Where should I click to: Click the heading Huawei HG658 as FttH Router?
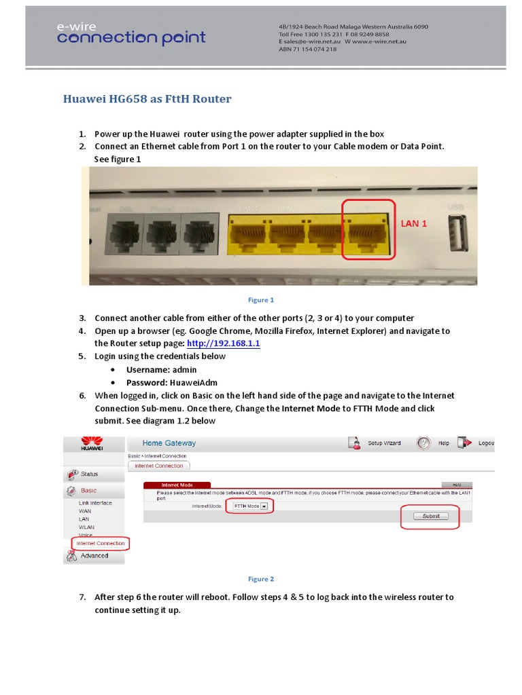click(147, 99)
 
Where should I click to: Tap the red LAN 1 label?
click(414, 223)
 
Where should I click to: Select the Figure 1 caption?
click(261, 299)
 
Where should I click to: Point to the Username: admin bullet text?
click(162, 369)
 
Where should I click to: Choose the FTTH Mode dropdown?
click(249, 506)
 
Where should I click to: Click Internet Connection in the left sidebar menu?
click(101, 543)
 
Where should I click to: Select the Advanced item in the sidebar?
click(94, 555)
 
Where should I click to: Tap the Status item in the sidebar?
click(89, 474)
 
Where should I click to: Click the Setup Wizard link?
click(384, 443)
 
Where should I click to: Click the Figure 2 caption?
click(261, 579)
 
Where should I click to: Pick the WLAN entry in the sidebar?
click(86, 527)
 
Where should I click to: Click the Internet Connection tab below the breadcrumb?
click(158, 466)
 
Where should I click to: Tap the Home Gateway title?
click(169, 443)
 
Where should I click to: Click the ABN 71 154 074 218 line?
click(307, 50)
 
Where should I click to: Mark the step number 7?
click(82, 597)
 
